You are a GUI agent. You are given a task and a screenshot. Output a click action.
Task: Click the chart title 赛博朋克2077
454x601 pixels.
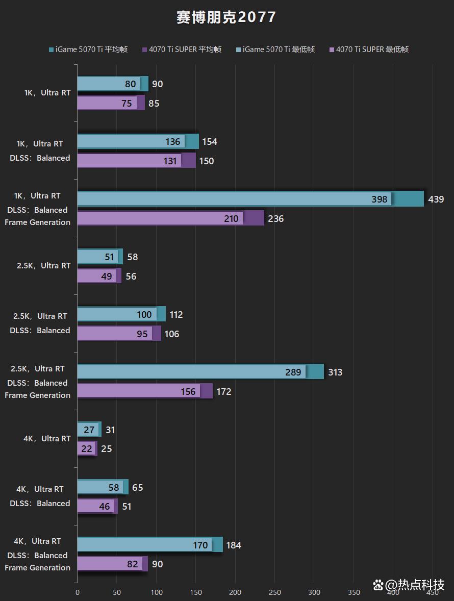pyautogui.click(x=226, y=17)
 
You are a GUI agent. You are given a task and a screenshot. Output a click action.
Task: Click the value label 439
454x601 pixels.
pyautogui.click(x=436, y=199)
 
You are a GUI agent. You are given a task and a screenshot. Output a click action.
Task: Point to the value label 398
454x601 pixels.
pyautogui.click(x=379, y=199)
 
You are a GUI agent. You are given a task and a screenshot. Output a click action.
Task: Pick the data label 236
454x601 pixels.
pyautogui.click(x=275, y=219)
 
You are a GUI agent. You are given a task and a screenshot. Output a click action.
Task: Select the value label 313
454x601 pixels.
pyautogui.click(x=335, y=372)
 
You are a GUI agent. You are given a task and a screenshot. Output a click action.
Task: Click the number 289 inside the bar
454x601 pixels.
pyautogui.click(x=293, y=372)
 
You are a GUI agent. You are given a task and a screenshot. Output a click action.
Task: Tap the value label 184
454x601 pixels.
pyautogui.click(x=233, y=545)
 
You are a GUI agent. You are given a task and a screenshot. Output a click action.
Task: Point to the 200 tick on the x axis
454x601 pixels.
pyautogui.click(x=235, y=592)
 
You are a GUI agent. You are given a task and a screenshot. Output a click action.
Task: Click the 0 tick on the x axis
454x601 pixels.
pyautogui.click(x=78, y=592)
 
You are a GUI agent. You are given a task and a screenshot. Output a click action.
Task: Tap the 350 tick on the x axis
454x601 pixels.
pyautogui.click(x=354, y=592)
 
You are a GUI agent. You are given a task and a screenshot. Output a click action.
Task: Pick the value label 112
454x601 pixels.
pyautogui.click(x=176, y=315)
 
